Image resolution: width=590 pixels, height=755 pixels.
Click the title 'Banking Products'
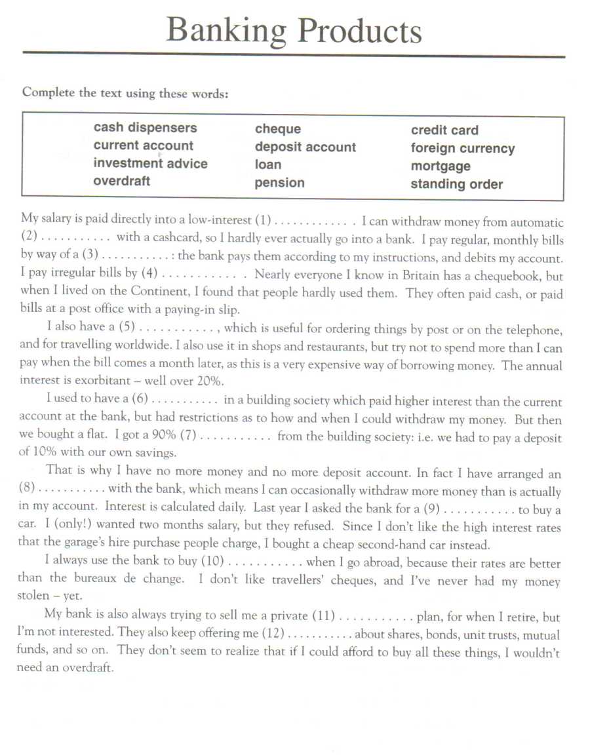point(294,30)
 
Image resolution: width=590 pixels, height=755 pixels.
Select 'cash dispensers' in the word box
point(145,128)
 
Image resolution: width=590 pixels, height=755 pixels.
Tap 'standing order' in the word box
point(456,184)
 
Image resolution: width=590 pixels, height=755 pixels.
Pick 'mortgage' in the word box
point(441,166)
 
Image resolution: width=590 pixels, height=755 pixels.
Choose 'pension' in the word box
point(279,183)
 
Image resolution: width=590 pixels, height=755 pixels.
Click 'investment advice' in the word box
point(150,164)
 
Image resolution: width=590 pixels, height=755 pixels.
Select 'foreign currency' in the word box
point(463,148)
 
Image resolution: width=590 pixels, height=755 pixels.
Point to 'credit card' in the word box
point(444,130)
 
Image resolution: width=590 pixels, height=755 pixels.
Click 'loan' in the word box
point(267,165)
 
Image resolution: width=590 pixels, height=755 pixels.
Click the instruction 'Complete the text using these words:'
point(125,92)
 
